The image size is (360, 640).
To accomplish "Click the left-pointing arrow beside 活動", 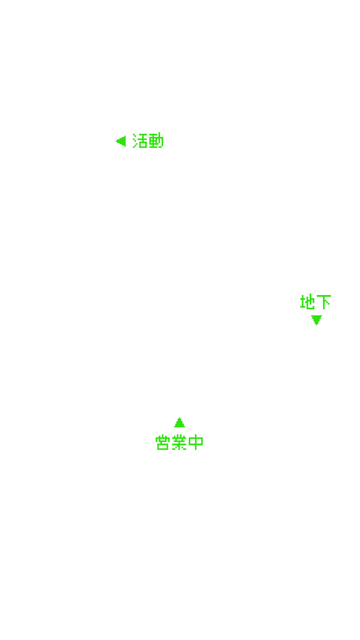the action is tap(121, 141).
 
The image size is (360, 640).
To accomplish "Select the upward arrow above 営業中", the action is tap(179, 422).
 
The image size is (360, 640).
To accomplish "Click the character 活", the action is tap(140, 141).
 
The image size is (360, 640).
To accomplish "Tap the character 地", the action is tap(307, 302).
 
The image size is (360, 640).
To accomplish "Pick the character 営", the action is tap(163, 442).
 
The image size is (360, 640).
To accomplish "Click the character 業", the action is tap(179, 442).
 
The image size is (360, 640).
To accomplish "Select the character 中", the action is tap(196, 442).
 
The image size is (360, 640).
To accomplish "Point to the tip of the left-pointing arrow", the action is tap(116, 141).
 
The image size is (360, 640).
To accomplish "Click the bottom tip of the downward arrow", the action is tap(316, 325).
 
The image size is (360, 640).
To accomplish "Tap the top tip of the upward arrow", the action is tap(179, 418).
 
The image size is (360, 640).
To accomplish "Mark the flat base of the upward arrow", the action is tap(179, 427).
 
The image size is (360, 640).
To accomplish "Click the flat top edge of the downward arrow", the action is tap(316, 316).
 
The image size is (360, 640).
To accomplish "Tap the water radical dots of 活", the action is tap(135, 141).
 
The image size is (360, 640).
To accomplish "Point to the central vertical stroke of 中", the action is tap(196, 442).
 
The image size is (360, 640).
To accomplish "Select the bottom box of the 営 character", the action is tap(163, 446).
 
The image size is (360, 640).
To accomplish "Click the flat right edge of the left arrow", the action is tap(125, 141).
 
